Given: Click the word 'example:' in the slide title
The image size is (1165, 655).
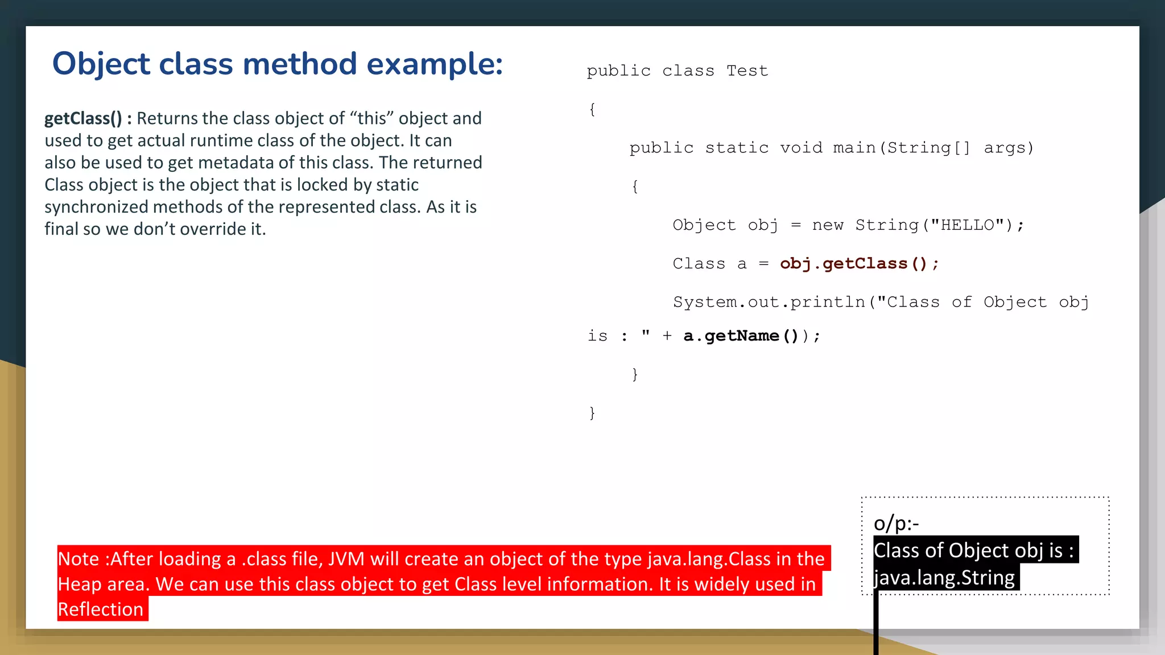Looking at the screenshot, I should pos(435,64).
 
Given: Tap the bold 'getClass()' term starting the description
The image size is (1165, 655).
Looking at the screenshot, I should pos(83,118).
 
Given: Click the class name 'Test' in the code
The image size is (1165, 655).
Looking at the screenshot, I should pos(747,71).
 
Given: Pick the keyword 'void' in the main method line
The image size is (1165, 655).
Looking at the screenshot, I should pos(801,148).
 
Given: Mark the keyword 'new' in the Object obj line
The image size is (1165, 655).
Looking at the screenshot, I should pos(828,225).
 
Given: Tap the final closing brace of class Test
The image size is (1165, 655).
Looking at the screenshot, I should pos(592,413).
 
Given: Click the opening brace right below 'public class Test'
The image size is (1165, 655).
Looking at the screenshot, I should pos(592,109).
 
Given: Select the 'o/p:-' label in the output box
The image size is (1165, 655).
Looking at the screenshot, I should pos(896,523).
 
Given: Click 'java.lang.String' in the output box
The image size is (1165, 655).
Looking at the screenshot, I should pos(944,578).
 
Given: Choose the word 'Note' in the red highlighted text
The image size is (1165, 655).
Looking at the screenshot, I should pos(79,559).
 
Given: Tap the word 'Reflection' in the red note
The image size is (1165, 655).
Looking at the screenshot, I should pos(101,610).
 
